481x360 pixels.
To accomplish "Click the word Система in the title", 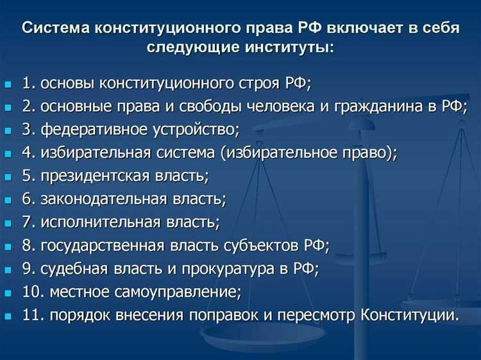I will click(x=55, y=30).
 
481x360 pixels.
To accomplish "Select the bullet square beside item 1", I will click(x=8, y=84).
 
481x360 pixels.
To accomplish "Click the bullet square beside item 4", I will click(x=8, y=154).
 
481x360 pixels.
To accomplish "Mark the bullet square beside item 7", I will click(x=8, y=223).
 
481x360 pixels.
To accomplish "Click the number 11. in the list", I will click(x=33, y=316).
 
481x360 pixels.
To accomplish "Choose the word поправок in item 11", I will click(x=216, y=316).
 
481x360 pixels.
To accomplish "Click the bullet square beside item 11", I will click(x=8, y=316).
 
